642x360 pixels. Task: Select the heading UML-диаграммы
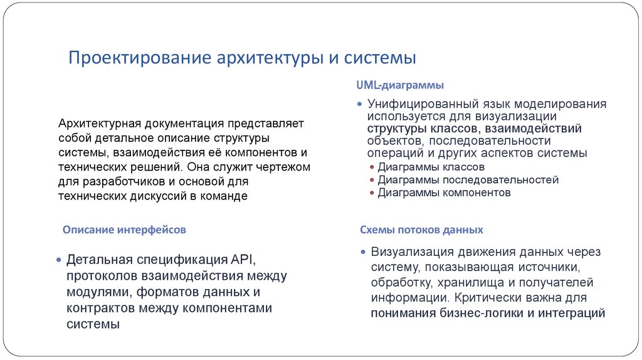401,84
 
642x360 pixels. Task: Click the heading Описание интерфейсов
124,230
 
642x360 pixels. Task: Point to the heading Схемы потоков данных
421,230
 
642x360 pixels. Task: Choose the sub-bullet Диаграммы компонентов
444,193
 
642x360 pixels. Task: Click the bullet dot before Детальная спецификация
58,260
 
